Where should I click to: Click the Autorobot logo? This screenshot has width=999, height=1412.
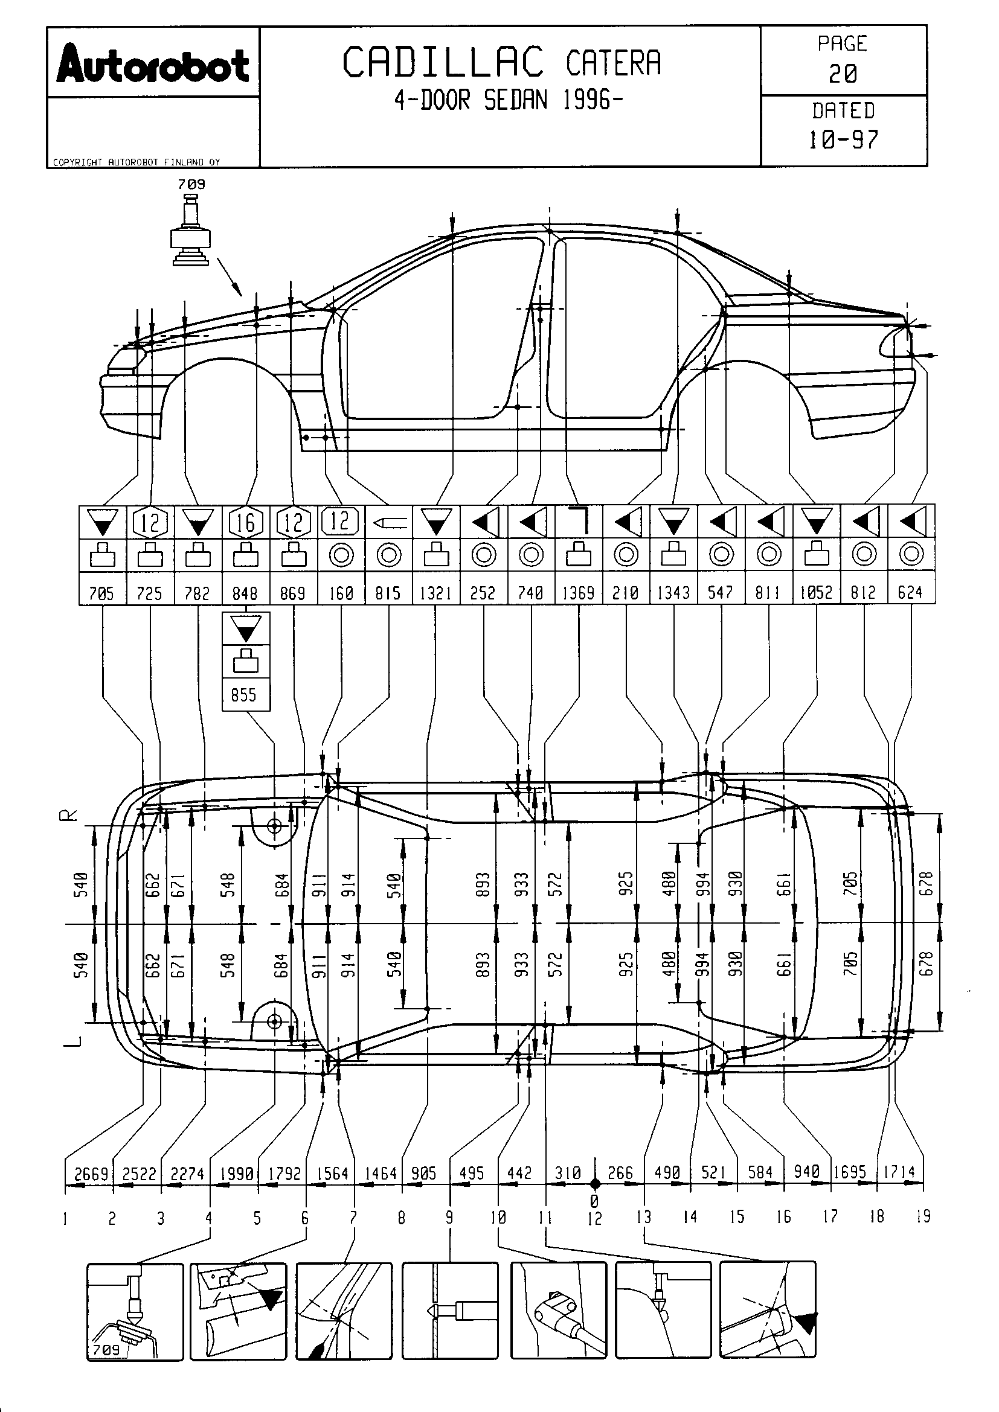[x=153, y=63]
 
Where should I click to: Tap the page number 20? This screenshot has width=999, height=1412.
[x=843, y=74]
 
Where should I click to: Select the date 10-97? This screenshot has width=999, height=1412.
[x=843, y=140]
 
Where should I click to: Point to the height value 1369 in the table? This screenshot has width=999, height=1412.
[x=578, y=593]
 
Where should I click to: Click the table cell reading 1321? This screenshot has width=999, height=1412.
[x=435, y=593]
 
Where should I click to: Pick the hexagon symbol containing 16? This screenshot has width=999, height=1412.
[x=245, y=522]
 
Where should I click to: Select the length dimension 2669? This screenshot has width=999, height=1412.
[x=91, y=1174]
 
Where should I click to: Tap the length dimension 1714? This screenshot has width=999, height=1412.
[x=899, y=1172]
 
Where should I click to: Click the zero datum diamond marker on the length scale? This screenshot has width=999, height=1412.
[x=594, y=1183]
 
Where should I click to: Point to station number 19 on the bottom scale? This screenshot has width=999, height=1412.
[x=923, y=1216]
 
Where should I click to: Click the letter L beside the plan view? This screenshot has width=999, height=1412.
[x=72, y=1041]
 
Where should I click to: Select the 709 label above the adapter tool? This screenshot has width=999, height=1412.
[x=191, y=184]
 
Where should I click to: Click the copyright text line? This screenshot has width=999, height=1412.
[x=136, y=162]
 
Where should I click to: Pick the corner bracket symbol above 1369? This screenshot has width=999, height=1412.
[x=579, y=522]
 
